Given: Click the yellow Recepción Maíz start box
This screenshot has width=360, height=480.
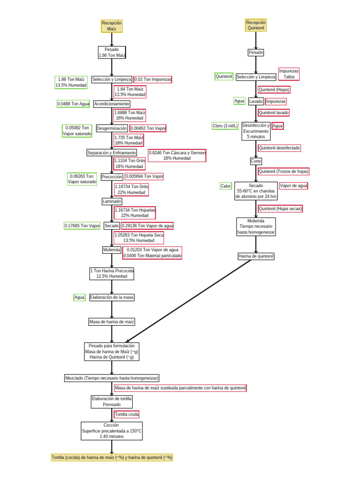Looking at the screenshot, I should click(x=112, y=26).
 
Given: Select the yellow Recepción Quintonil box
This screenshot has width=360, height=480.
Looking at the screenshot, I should click(x=255, y=25).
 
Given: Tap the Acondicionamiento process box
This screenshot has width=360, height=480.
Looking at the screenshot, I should click(x=112, y=104).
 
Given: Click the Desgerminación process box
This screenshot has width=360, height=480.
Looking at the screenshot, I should click(x=112, y=128).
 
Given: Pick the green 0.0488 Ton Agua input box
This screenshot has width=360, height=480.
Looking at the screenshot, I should click(x=73, y=104).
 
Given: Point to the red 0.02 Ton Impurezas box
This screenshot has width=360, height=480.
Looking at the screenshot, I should click(x=153, y=79).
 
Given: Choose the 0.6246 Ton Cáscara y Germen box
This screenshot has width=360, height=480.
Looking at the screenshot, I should click(x=177, y=156).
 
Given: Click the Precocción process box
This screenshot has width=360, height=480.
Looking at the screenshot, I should click(x=112, y=177).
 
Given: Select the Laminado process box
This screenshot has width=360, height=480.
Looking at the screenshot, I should click(x=112, y=201).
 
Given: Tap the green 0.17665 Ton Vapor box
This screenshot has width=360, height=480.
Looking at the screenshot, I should click(x=82, y=225).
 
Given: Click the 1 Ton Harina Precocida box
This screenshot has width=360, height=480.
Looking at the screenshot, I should click(x=112, y=274).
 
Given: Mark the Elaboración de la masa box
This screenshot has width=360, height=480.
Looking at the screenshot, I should click(x=112, y=297).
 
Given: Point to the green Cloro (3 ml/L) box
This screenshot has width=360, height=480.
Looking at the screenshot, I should click(x=225, y=126).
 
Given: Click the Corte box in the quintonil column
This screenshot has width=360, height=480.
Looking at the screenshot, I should click(x=256, y=161).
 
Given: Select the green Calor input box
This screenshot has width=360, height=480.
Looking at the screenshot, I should click(x=226, y=186).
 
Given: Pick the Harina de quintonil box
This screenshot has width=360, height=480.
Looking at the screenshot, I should click(x=256, y=256).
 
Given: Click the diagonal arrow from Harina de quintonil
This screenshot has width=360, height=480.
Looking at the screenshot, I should click(x=192, y=300).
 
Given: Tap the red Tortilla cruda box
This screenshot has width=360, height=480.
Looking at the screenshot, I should click(x=127, y=414).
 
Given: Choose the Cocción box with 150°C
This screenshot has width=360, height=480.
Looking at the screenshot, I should click(x=112, y=431).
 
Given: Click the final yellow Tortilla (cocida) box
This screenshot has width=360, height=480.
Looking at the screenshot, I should click(x=112, y=457).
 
